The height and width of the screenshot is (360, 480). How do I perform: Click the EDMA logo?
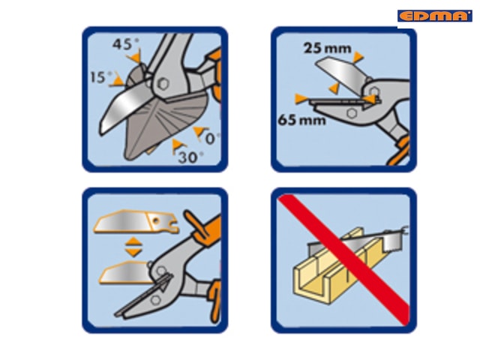pos(435,16)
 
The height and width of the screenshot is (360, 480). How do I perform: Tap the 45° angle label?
pos(126,44)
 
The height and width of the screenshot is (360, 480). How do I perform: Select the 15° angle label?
pos(101,77)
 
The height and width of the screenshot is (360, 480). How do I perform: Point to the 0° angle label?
pos(213,139)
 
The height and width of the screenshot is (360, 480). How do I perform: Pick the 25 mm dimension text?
pos(327,48)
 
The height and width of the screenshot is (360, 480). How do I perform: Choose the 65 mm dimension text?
pos(301,120)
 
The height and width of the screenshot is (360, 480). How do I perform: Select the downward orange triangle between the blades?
pos(133,252)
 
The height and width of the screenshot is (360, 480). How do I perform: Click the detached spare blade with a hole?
pos(136,222)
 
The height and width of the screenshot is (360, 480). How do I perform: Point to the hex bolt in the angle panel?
pos(163,83)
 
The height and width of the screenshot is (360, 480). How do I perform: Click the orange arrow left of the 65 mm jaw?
pos(301,99)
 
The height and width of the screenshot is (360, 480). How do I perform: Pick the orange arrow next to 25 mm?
pos(358,57)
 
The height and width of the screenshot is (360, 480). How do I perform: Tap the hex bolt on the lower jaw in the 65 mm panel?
pos(352,113)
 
